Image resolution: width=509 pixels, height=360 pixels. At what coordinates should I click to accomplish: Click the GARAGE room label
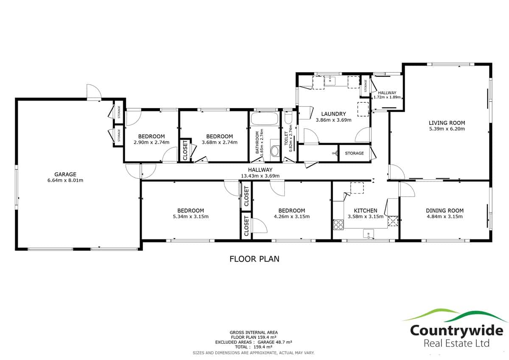pyautogui.click(x=65, y=174)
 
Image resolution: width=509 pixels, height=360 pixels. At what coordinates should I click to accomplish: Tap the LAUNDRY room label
pyautogui.click(x=333, y=114)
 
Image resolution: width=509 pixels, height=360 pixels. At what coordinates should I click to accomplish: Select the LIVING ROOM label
pyautogui.click(x=447, y=123)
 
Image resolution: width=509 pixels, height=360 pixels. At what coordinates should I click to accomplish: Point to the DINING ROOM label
pyautogui.click(x=445, y=211)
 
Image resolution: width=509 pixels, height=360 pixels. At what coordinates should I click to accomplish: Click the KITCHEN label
pyautogui.click(x=366, y=211)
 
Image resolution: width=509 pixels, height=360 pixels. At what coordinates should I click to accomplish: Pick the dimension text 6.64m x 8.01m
pyautogui.click(x=65, y=180)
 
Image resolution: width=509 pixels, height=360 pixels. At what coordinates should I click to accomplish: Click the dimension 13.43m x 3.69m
pyautogui.click(x=260, y=176)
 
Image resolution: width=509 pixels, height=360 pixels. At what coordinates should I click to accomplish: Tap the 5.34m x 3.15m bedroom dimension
pyautogui.click(x=190, y=217)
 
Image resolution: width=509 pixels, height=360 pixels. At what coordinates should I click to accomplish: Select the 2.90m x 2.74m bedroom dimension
pyautogui.click(x=151, y=142)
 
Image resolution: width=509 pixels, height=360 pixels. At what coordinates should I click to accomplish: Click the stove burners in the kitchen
pyautogui.click(x=338, y=225)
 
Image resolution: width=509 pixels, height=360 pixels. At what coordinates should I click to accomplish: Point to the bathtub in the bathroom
pyautogui.click(x=264, y=118)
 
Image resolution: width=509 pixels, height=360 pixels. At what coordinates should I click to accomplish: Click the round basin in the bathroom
pyautogui.click(x=275, y=151)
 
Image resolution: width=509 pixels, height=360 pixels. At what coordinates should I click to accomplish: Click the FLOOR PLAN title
pyautogui.click(x=254, y=259)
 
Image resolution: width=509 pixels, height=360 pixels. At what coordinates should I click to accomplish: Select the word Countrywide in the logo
pyautogui.click(x=456, y=330)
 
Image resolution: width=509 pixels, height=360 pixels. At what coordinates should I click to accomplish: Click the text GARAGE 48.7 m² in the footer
pyautogui.click(x=275, y=342)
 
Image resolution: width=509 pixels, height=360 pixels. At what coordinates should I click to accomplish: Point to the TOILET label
pyautogui.click(x=286, y=138)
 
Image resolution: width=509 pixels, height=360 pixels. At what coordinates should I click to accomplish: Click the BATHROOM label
pyautogui.click(x=257, y=142)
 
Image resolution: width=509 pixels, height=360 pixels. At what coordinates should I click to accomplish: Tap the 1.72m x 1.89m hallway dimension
pyautogui.click(x=387, y=97)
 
